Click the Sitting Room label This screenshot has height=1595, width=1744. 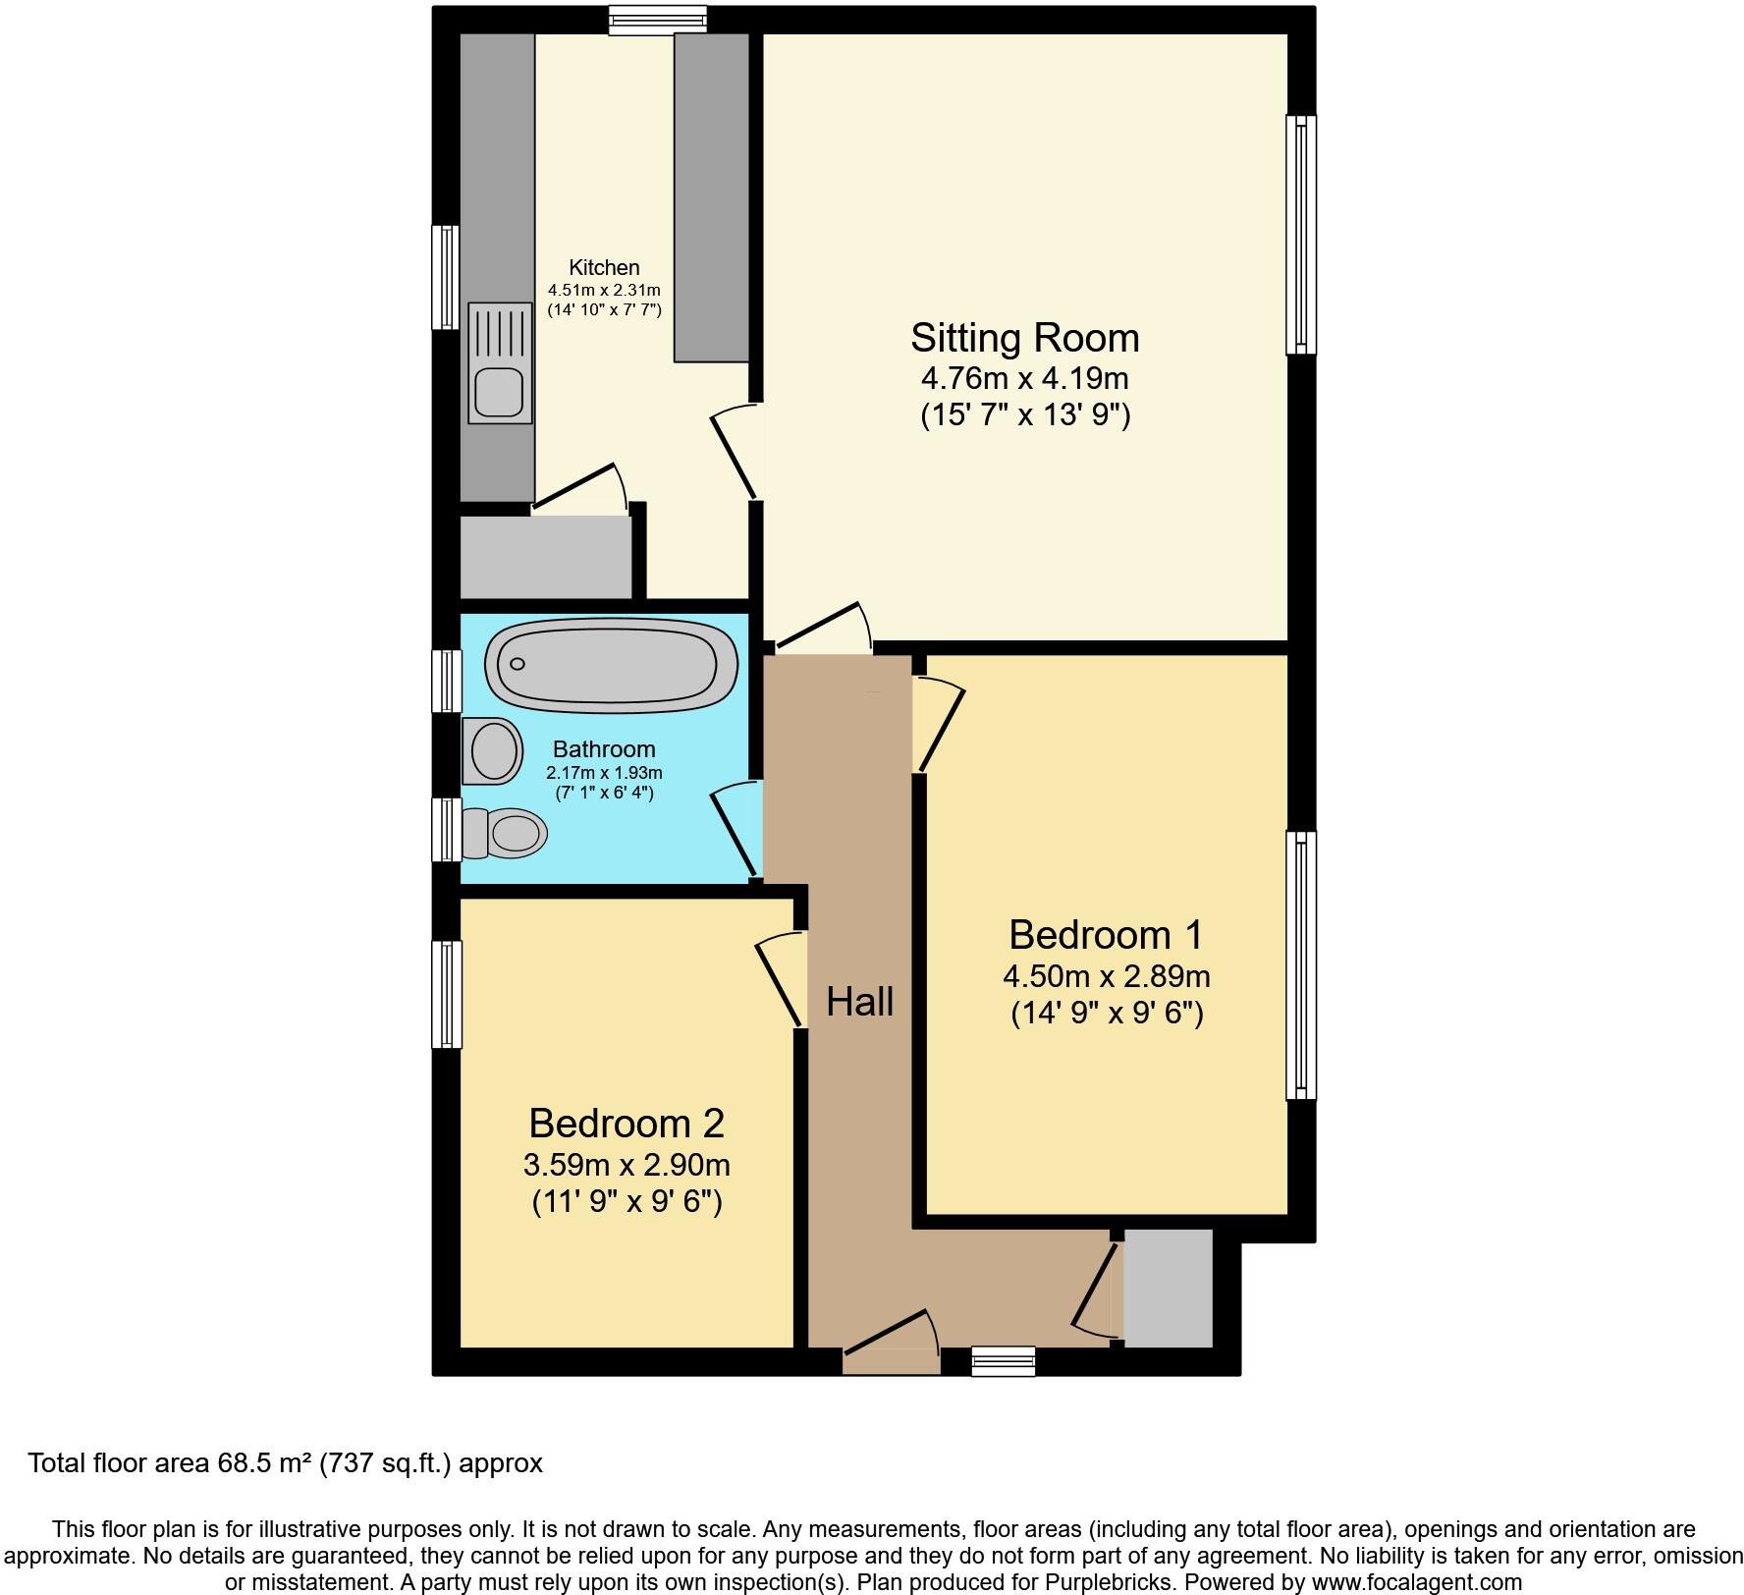pyautogui.click(x=1024, y=338)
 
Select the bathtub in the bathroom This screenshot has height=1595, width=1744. pyautogui.click(x=612, y=664)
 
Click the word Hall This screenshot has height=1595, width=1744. pyautogui.click(x=859, y=1002)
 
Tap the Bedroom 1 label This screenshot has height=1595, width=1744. pyautogui.click(x=1105, y=934)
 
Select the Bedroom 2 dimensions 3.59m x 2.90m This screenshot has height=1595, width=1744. pyautogui.click(x=627, y=1166)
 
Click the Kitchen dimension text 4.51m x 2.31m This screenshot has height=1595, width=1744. pyautogui.click(x=604, y=290)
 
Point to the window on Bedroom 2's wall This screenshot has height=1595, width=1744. pyautogui.click(x=447, y=994)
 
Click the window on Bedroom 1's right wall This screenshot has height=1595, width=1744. pyautogui.click(x=1301, y=964)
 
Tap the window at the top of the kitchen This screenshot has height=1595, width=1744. pyautogui.click(x=657, y=20)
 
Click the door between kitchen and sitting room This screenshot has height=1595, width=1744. pyautogui.click(x=736, y=452)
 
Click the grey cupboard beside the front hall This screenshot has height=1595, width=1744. pyautogui.click(x=1168, y=1288)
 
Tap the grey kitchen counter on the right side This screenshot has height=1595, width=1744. pyautogui.click(x=711, y=196)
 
